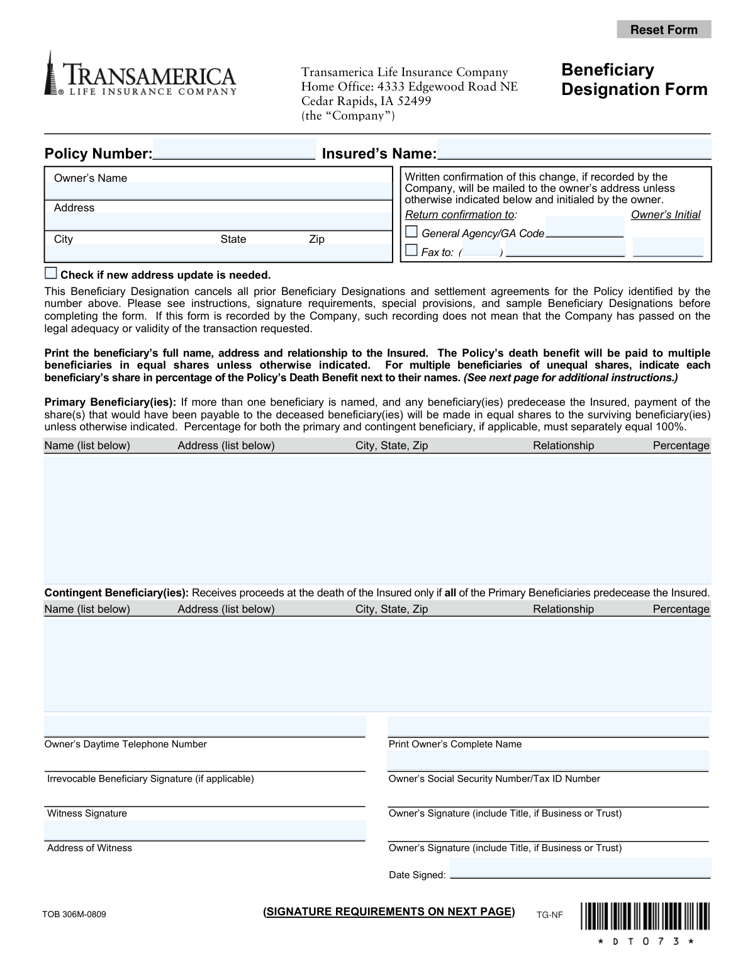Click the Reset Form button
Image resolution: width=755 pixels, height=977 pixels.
[x=664, y=30]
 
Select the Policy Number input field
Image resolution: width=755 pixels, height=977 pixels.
[x=234, y=150]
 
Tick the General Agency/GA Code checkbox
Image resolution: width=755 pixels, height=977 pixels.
[x=411, y=232]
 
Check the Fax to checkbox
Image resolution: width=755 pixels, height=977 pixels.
[x=411, y=250]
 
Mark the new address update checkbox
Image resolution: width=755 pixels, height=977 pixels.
[x=51, y=274]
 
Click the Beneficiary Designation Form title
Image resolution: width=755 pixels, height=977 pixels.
[x=634, y=79]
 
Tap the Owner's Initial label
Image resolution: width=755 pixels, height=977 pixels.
[x=665, y=215]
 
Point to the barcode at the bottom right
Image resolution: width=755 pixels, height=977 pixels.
[x=646, y=916]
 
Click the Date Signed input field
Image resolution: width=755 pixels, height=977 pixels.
[x=580, y=868]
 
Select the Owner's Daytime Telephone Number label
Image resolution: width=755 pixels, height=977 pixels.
[x=125, y=744]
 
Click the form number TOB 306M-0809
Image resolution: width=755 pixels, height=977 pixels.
[x=74, y=914]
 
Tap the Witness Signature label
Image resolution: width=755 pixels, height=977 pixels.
[x=87, y=813]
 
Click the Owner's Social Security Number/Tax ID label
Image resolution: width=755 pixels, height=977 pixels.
[x=494, y=779]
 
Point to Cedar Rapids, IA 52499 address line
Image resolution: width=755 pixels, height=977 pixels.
[x=366, y=101]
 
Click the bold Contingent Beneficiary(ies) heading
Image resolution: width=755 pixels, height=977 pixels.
[x=116, y=593]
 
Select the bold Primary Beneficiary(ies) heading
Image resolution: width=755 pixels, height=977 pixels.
[x=110, y=403]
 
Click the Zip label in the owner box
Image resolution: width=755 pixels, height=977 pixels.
[x=316, y=239]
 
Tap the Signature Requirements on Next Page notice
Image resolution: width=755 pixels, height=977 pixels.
[x=389, y=912]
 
